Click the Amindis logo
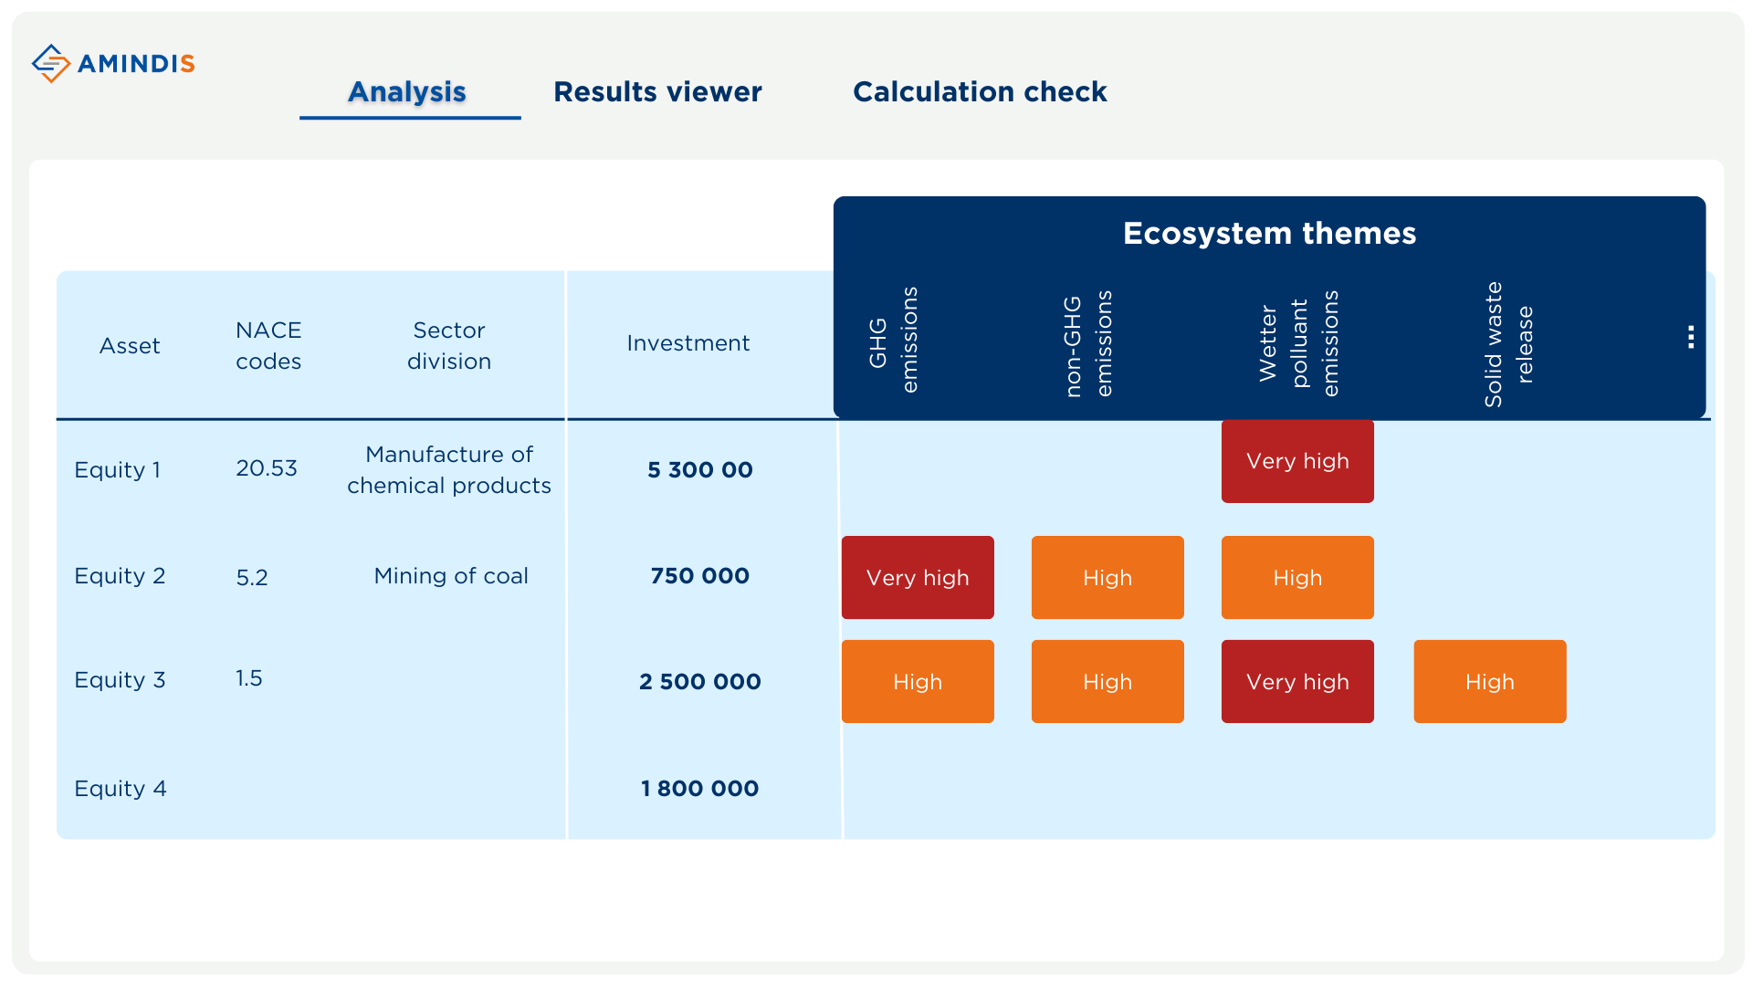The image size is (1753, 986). coord(113,63)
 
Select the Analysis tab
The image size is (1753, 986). coord(407,91)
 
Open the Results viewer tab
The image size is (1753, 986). coord(657,91)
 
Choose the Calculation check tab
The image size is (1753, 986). coord(980,91)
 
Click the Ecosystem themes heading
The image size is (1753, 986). coord(1269,233)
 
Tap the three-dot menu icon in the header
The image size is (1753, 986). coord(1691,337)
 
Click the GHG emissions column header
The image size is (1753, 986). coord(894,340)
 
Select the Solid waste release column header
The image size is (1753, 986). coord(1508,344)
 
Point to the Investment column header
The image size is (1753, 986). coord(688,343)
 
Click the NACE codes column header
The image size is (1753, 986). coord(268,345)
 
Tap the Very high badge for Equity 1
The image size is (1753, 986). coord(1297,461)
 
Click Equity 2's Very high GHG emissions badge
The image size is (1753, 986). coord(918,577)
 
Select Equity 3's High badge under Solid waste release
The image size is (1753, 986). coord(1490,681)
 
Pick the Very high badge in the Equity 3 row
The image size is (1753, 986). coord(1297,681)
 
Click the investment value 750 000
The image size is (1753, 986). coord(700,576)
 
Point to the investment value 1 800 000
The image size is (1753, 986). coord(700,789)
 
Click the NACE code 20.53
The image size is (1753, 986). coord(267,468)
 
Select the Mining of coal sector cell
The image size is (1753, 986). coord(451,576)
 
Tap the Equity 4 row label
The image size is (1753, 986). coord(121,789)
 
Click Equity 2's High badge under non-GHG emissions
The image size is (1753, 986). coord(1107,577)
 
